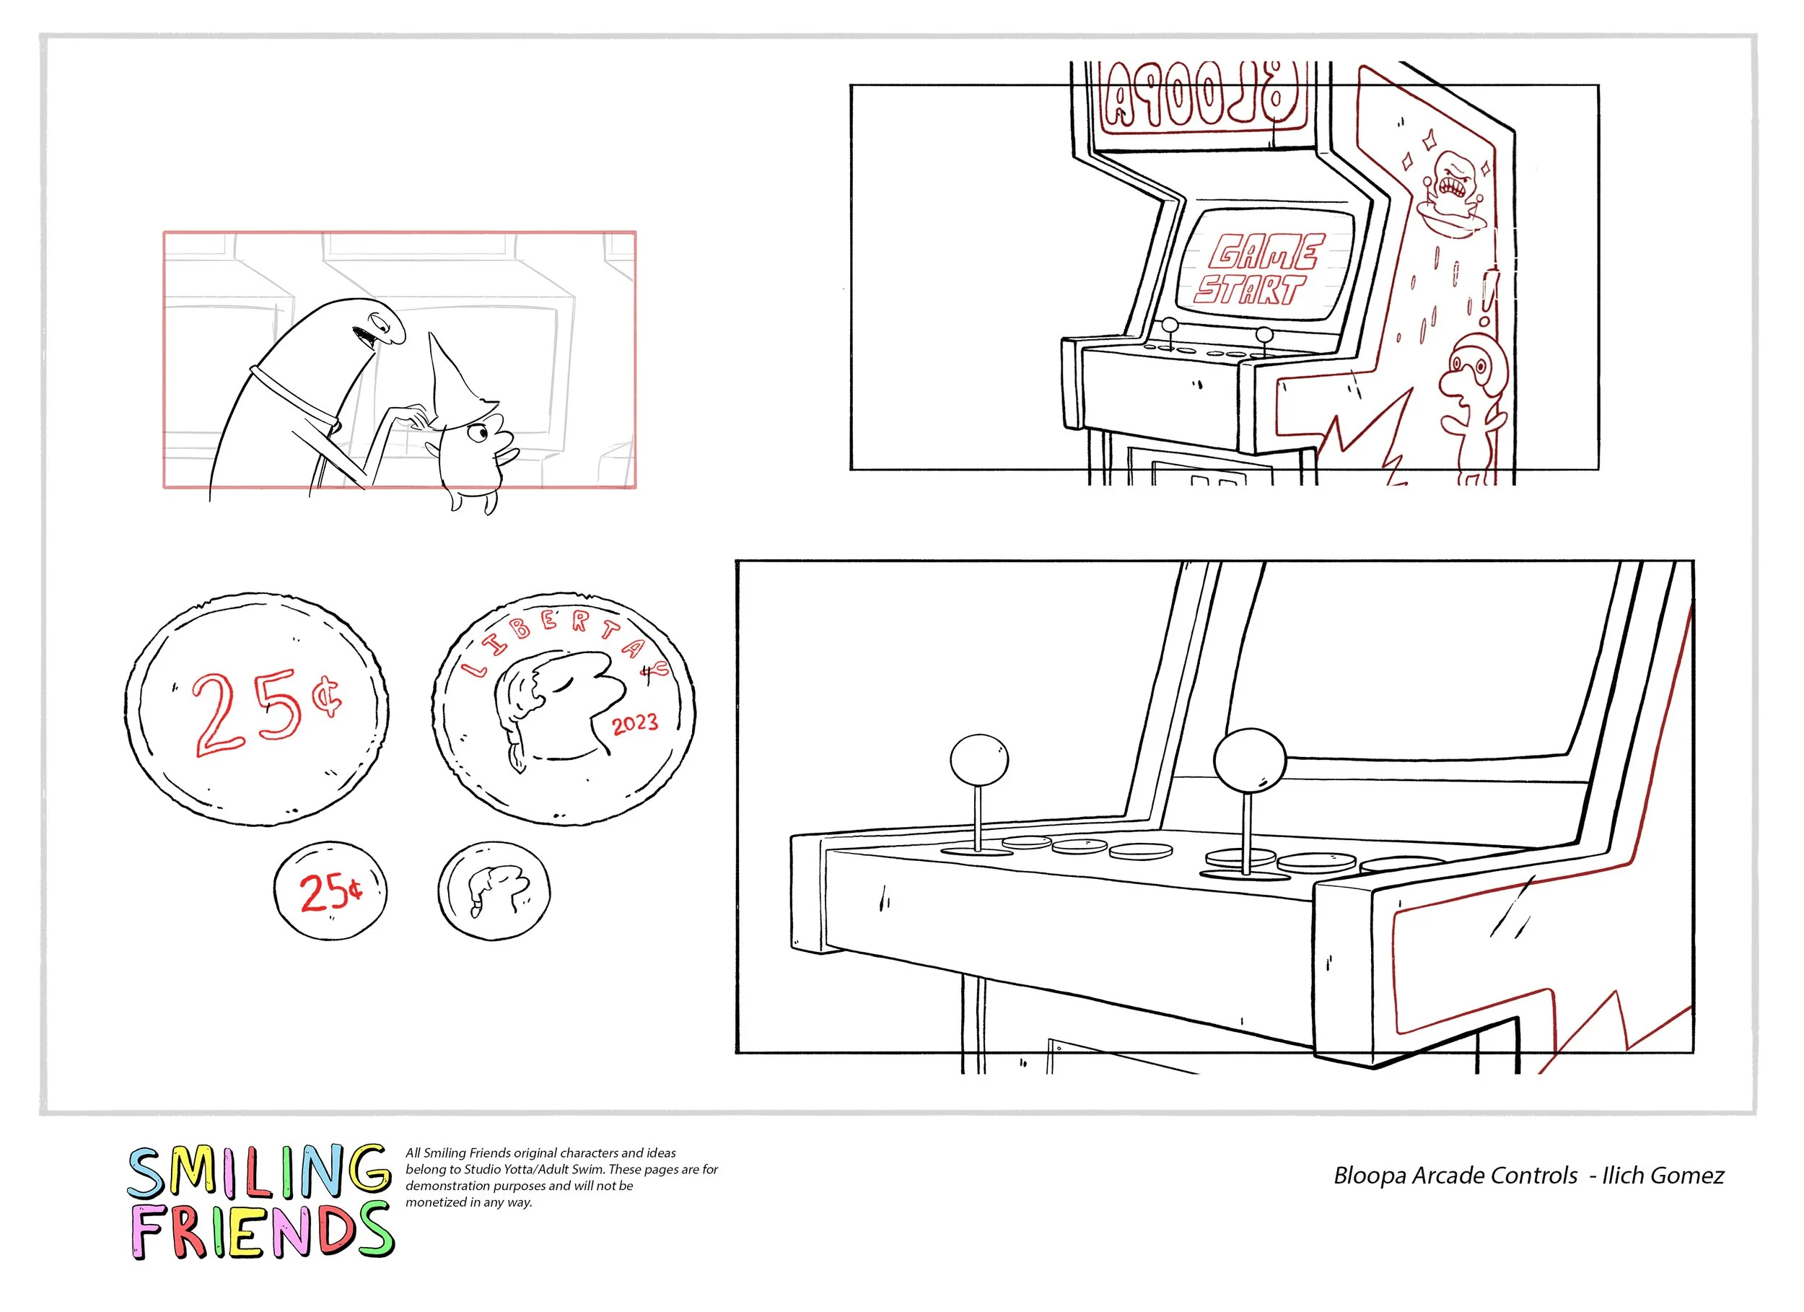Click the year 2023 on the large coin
coord(635,724)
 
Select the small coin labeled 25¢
coord(330,891)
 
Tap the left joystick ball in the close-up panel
coord(979,759)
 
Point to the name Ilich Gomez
coord(1663,1176)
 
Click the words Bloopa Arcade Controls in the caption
coord(1455,1176)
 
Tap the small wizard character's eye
coord(480,434)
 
